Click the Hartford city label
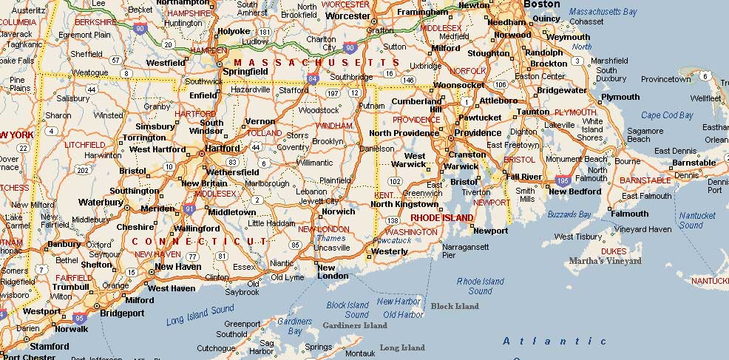tap(224, 147)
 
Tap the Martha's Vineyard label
tap(605, 260)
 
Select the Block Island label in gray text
tap(455, 306)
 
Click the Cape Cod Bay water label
tap(667, 115)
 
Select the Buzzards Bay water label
tap(569, 214)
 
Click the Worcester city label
tap(346, 16)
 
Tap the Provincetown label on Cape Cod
tap(665, 79)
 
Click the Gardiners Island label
tap(355, 325)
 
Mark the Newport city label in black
tap(490, 231)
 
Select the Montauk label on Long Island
tap(360, 353)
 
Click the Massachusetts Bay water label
tap(603, 13)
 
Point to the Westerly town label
tap(389, 251)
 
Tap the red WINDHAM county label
tap(333, 126)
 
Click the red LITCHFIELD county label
tap(85, 145)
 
